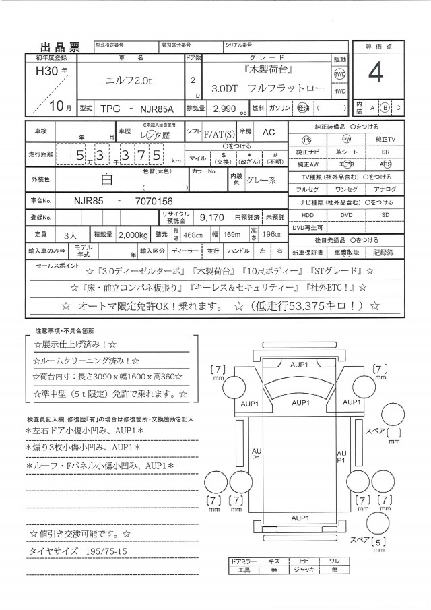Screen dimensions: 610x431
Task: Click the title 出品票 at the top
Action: click(61, 47)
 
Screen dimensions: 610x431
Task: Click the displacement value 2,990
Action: click(223, 108)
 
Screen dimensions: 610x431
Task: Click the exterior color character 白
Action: click(107, 180)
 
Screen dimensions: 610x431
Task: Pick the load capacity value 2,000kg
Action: click(129, 234)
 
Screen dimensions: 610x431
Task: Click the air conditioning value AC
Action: click(268, 133)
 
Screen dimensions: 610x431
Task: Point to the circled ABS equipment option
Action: click(385, 164)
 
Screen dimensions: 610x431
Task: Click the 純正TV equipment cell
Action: click(385, 139)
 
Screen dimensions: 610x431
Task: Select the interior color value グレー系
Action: click(263, 180)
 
